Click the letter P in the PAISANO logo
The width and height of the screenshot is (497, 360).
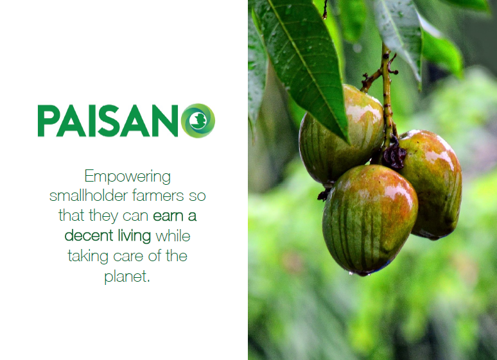(48, 121)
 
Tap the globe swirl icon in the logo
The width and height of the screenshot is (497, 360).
(198, 121)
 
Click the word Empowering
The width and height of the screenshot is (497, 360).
(127, 177)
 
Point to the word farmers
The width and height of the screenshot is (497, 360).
(158, 195)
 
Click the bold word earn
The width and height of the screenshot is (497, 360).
(168, 216)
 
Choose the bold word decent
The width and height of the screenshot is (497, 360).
(89, 236)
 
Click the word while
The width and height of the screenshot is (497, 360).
(173, 236)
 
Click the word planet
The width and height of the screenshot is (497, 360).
(125, 277)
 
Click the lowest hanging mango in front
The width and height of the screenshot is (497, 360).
(370, 219)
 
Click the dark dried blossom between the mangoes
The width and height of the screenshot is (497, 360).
(394, 155)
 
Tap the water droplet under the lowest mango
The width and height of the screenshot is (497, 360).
(351, 273)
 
